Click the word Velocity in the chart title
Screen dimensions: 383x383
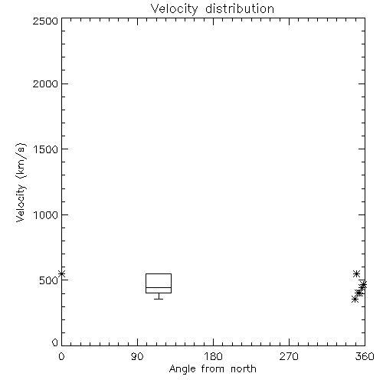(x=174, y=9)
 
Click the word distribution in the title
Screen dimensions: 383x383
(x=240, y=8)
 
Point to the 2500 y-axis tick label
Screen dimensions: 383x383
(x=45, y=21)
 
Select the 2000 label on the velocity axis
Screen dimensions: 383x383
(x=45, y=83)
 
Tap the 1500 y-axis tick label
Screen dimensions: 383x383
(x=46, y=149)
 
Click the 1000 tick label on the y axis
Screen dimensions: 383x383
(x=46, y=214)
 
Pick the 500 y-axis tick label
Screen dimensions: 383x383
(x=49, y=280)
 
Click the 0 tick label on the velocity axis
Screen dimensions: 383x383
(x=55, y=342)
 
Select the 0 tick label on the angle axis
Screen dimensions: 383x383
(x=61, y=356)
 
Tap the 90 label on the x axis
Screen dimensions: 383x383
(x=137, y=356)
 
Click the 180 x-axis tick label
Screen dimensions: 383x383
(x=213, y=356)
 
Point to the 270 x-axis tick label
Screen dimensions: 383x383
(x=289, y=356)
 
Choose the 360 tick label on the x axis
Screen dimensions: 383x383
(x=365, y=356)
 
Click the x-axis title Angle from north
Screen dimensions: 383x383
(x=213, y=369)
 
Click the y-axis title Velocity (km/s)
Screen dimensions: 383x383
(x=21, y=182)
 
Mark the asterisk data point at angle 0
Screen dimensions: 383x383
(x=61, y=273)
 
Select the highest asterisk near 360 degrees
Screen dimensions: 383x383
(x=356, y=274)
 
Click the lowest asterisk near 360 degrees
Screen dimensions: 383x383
(x=355, y=299)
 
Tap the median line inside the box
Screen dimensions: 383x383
(x=159, y=287)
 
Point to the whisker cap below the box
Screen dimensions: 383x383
(x=159, y=299)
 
